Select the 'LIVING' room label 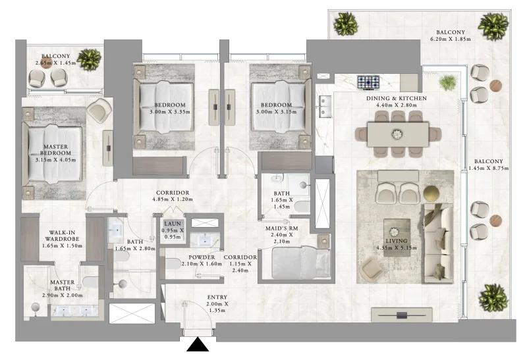[396, 241]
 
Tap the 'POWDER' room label [202, 257]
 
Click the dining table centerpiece [397, 134]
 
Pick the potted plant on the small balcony [89, 59]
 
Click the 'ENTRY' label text [217, 298]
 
